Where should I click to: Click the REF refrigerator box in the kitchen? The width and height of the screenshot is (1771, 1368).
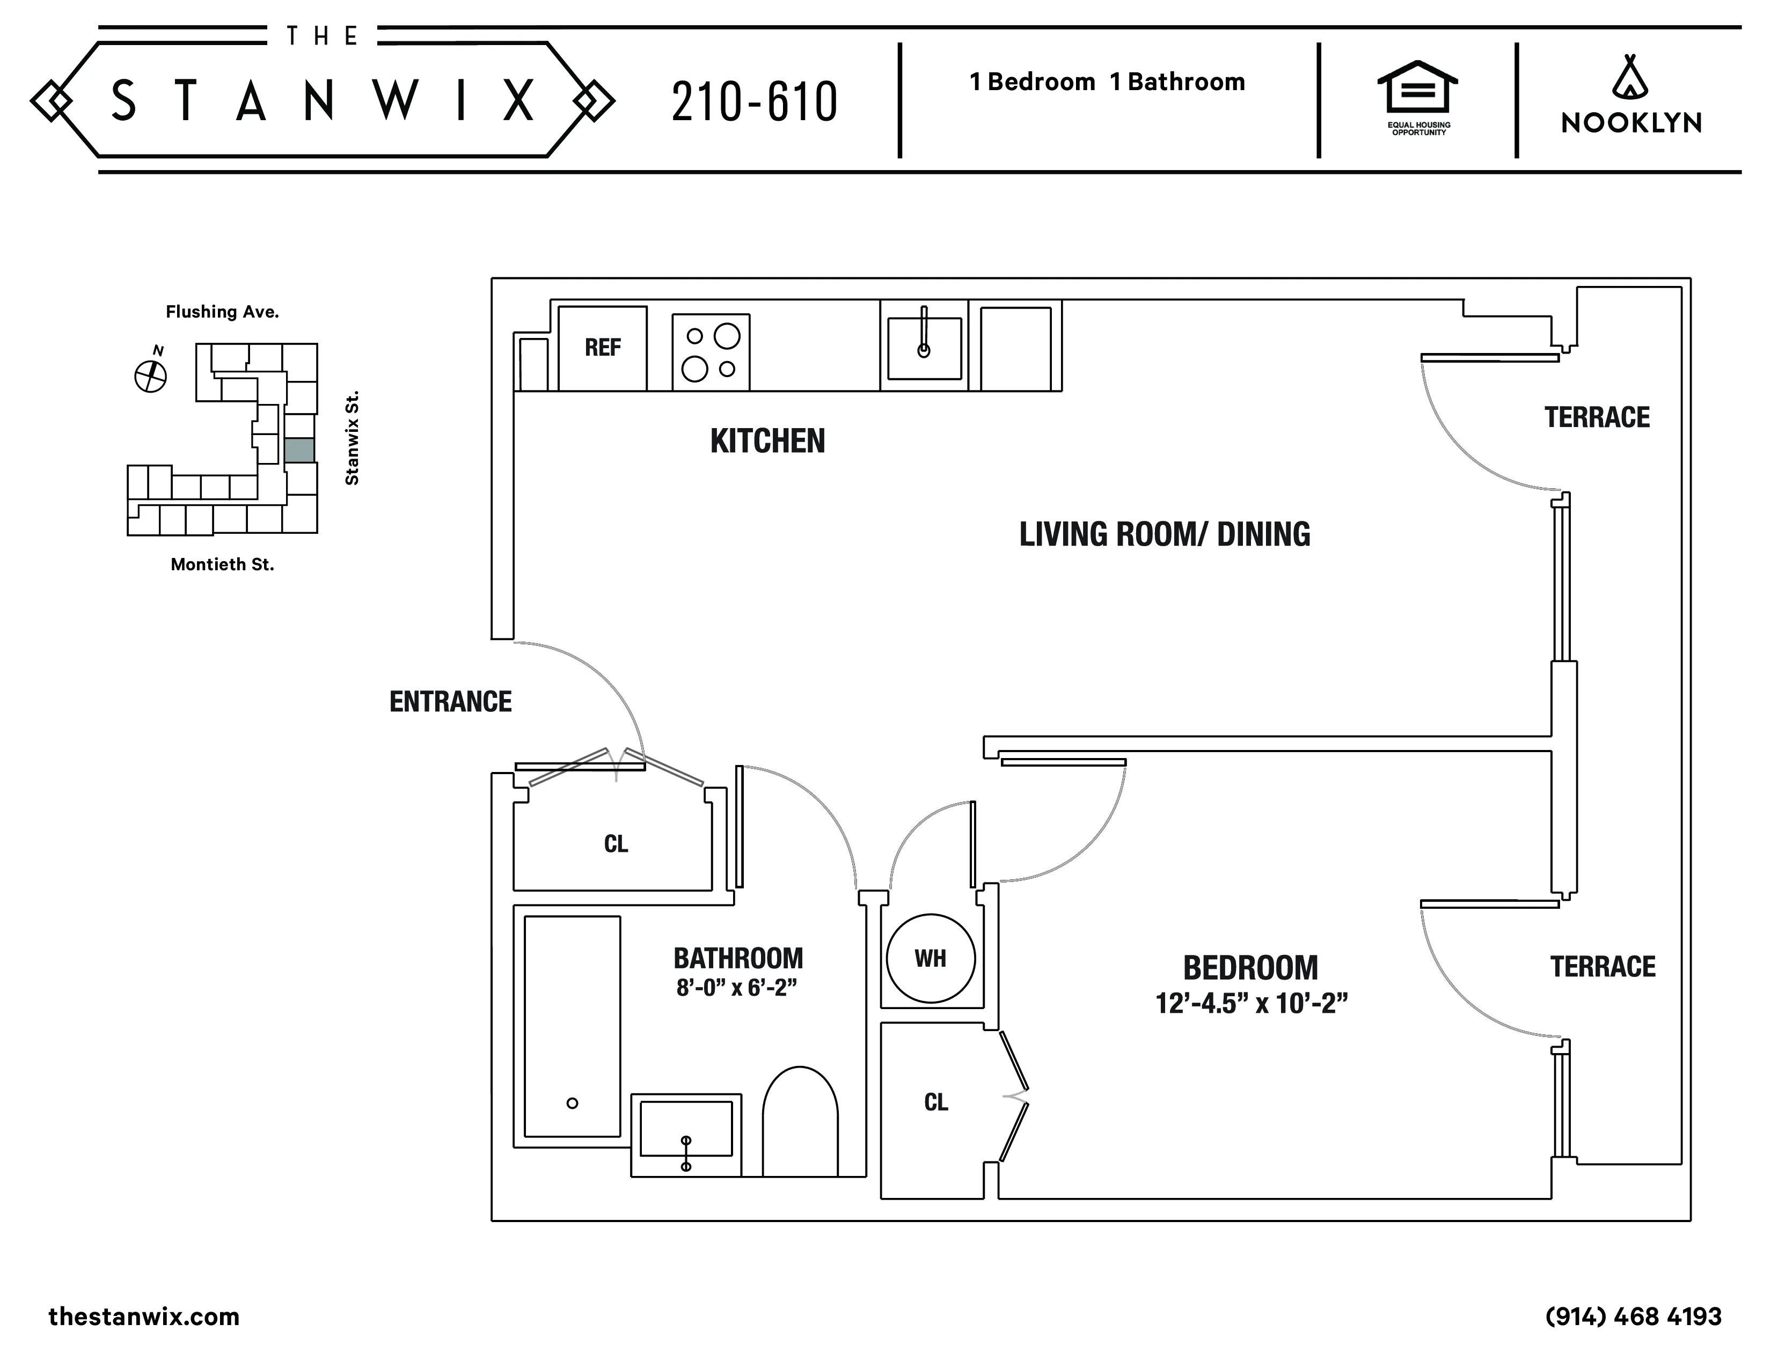[603, 348]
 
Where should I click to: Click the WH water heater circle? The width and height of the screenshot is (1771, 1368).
[930, 958]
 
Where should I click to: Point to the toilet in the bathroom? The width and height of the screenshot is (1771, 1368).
[800, 1122]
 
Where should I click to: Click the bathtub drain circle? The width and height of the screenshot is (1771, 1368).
[573, 1103]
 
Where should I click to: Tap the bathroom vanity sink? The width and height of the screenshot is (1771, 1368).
[686, 1129]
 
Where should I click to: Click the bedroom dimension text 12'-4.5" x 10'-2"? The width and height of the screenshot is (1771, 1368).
[1250, 1003]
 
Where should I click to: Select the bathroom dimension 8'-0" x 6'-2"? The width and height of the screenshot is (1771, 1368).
[736, 988]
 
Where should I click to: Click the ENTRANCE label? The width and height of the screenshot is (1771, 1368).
[450, 702]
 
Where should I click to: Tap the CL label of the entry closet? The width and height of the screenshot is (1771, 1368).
[616, 844]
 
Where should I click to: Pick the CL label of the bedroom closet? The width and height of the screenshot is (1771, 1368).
[936, 1102]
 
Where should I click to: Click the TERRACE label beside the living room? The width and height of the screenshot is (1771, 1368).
[1597, 417]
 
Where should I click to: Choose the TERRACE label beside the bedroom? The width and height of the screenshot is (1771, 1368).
[1602, 967]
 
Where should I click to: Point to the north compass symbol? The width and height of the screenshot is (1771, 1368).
[150, 375]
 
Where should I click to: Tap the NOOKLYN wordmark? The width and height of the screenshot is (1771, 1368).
[1631, 123]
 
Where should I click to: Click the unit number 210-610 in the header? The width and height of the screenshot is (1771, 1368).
[754, 103]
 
